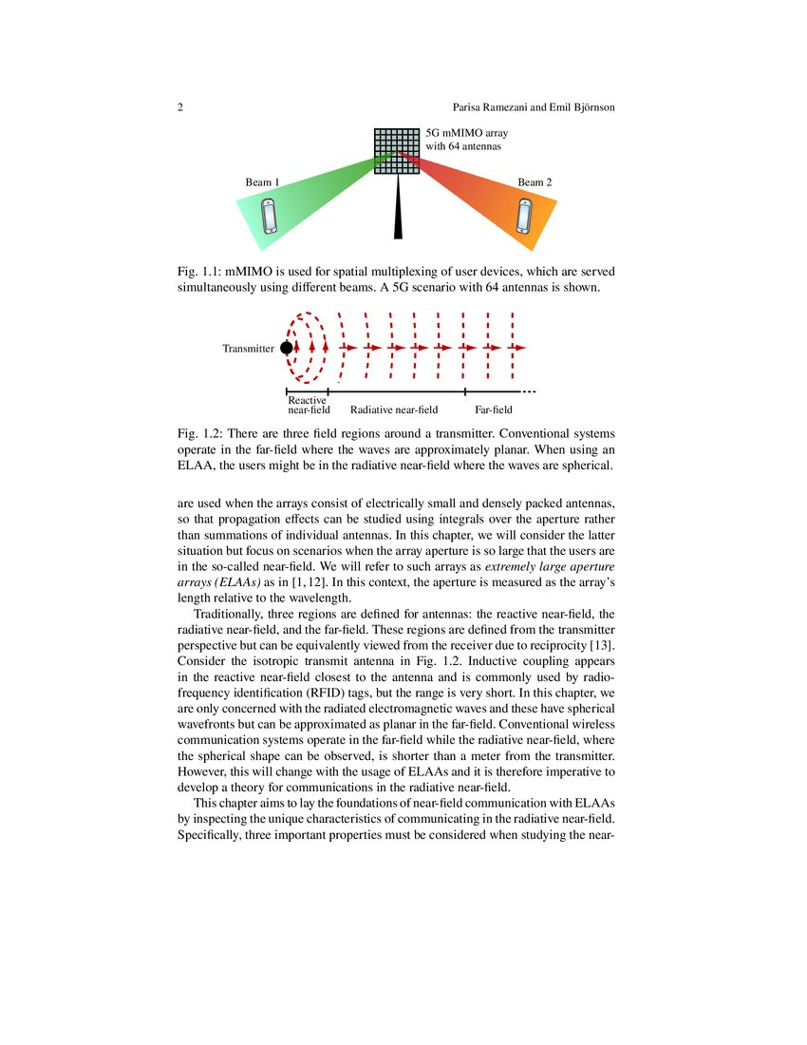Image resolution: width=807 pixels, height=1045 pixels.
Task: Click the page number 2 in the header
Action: pos(180,107)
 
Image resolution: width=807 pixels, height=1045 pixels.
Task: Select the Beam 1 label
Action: pos(263,181)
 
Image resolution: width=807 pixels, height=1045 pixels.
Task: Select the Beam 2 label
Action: pos(535,181)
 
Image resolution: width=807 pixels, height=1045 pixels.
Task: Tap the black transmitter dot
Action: pos(287,349)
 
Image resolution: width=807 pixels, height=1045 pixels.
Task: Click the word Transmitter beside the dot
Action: pos(249,349)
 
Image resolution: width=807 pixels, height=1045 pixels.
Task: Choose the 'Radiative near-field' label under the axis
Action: pos(394,410)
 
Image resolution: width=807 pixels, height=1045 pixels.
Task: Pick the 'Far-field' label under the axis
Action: pos(494,410)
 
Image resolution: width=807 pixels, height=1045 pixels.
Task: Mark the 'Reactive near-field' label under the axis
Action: pos(309,406)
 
